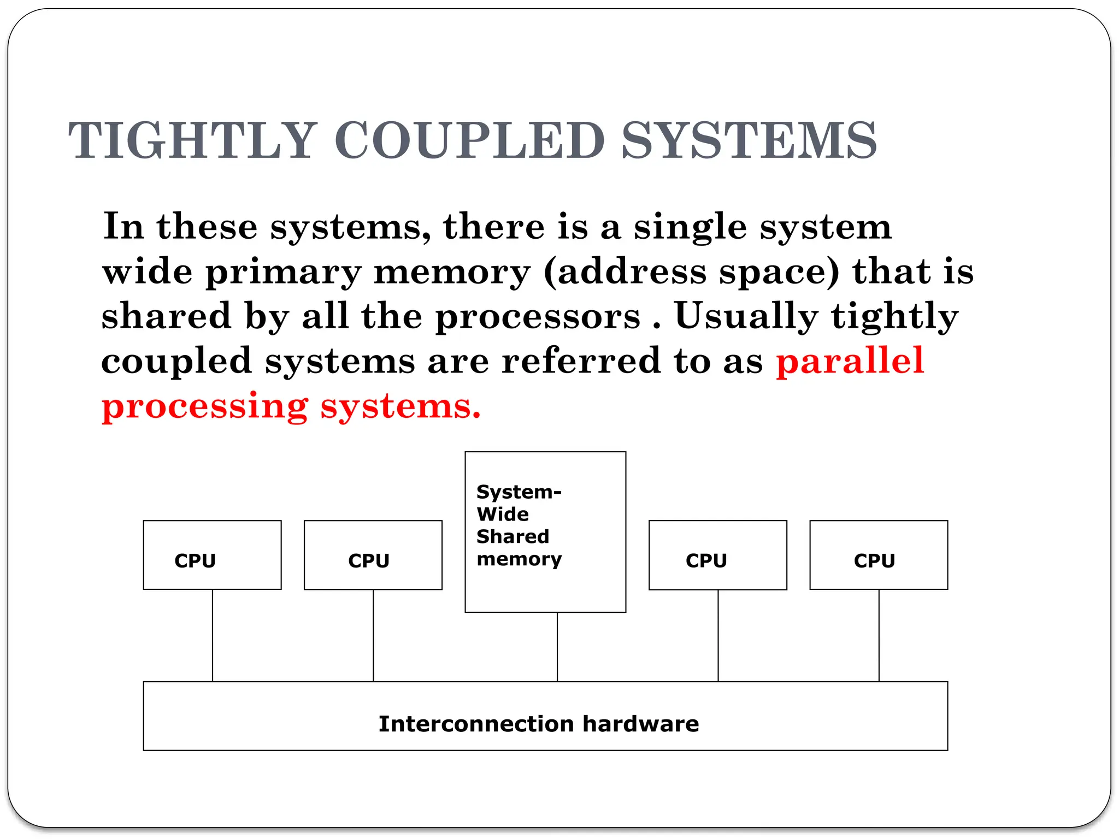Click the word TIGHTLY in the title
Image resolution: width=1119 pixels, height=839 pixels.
pos(192,140)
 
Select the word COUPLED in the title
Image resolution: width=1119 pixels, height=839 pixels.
pos(469,140)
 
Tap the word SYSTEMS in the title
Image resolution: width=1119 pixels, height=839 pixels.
pos(749,140)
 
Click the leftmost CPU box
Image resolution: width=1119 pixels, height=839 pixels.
pos(212,555)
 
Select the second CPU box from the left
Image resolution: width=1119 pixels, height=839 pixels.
pos(373,555)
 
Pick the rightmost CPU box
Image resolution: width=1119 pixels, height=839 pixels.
pos(878,555)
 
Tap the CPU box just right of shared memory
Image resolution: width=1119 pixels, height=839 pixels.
pos(717,555)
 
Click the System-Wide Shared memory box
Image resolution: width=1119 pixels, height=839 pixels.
pos(545,531)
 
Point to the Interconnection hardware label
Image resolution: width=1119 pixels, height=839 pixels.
pos(539,724)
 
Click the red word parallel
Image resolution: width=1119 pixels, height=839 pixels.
pos(850,361)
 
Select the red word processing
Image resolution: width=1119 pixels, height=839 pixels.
pos(205,407)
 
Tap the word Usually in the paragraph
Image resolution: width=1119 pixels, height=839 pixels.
pos(746,316)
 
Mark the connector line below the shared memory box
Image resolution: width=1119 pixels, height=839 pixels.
pos(557,647)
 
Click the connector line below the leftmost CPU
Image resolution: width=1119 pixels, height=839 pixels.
pos(213,635)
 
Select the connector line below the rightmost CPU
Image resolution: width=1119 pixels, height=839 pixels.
pos(879,635)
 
